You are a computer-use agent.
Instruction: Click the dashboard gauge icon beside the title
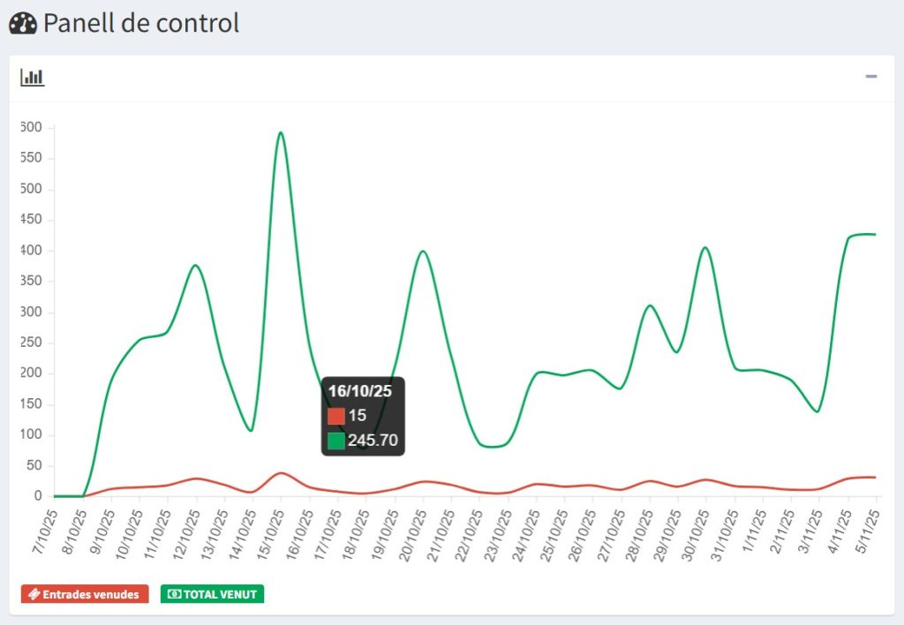[x=22, y=23]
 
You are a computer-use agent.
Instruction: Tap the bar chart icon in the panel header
[x=33, y=78]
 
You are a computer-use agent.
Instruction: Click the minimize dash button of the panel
[x=871, y=78]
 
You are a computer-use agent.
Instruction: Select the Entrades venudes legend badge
[x=85, y=594]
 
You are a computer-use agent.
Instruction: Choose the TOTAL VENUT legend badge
[x=212, y=594]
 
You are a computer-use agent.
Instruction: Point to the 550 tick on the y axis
[x=32, y=159]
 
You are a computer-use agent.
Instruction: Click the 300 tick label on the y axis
[x=32, y=312]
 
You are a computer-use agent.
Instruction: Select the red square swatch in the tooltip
[x=336, y=416]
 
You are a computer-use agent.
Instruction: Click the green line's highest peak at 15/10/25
[x=281, y=132]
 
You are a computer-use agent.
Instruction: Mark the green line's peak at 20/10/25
[x=423, y=252]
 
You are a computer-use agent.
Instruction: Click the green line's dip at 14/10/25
[x=252, y=430]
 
